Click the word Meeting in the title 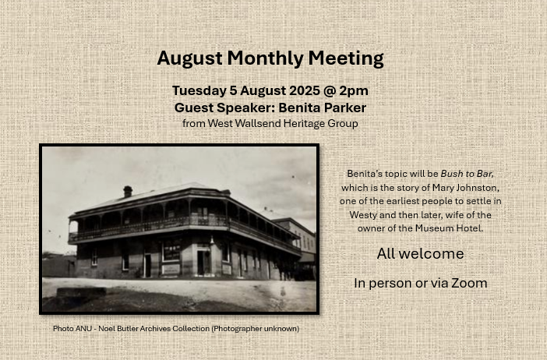346,58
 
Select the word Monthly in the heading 265,58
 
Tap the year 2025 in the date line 304,90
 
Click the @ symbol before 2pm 330,91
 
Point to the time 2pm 354,91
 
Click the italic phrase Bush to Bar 467,174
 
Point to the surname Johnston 478,188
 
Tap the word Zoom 469,284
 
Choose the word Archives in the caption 154,329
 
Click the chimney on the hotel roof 128,192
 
